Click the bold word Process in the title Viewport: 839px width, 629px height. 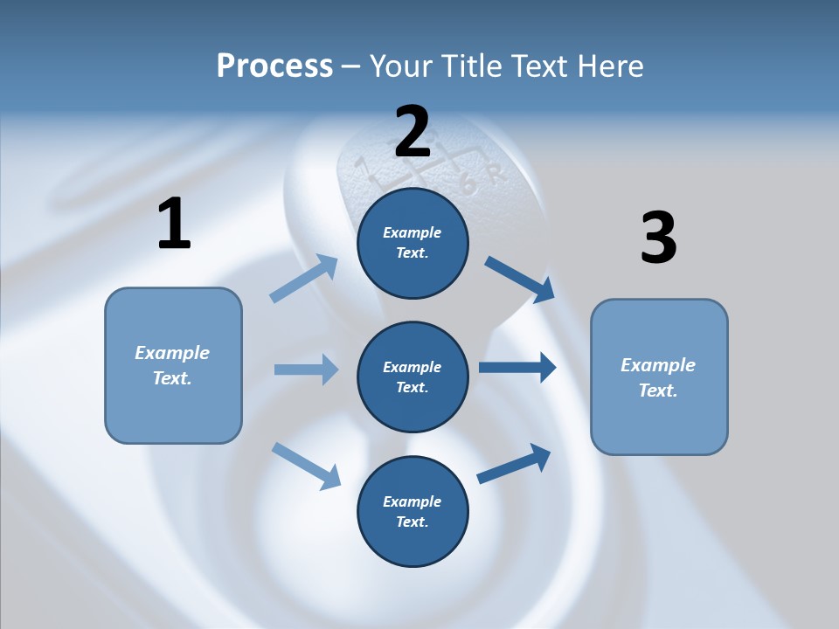274,66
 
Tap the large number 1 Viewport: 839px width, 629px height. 174,225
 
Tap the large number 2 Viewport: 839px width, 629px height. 413,132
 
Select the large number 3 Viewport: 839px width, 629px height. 658,238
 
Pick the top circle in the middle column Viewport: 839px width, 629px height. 413,243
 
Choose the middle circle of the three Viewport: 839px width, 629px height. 413,377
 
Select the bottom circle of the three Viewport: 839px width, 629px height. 413,512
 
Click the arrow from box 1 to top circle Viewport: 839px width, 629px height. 303,279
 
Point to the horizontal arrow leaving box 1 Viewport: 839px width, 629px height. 305,370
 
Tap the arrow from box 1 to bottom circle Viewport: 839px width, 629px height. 306,465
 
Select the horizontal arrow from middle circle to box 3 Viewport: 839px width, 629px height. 517,368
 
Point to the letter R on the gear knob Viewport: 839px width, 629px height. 496,174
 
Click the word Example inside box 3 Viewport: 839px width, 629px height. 658,365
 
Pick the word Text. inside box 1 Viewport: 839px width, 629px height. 172,378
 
